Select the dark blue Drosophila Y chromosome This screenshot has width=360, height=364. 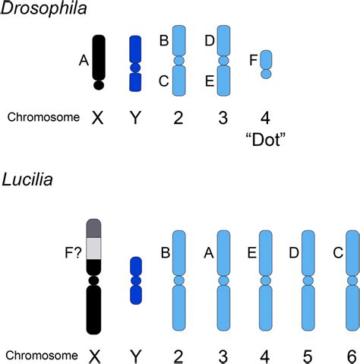point(135,64)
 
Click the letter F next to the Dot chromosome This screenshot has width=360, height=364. point(252,59)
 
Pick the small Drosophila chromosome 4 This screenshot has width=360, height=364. point(266,64)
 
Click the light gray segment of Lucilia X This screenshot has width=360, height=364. point(95,247)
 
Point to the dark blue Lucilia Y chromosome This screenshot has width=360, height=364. point(136,280)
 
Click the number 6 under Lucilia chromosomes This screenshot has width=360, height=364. point(352,354)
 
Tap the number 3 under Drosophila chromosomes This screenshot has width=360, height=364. point(223,117)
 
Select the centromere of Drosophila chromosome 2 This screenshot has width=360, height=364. point(179,60)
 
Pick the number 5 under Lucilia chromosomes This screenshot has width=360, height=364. point(308,354)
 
